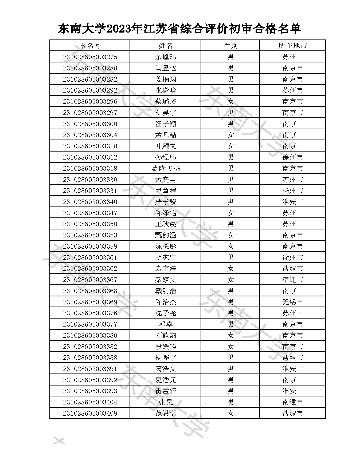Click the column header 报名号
click(x=90, y=46)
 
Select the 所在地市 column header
click(x=292, y=46)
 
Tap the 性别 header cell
click(x=230, y=46)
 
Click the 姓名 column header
click(x=166, y=46)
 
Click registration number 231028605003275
click(x=90, y=57)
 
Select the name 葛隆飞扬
click(x=166, y=168)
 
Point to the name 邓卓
click(x=166, y=324)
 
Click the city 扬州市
click(x=292, y=190)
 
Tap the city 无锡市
click(x=292, y=302)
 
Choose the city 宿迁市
click(x=292, y=280)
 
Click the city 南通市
click(x=292, y=402)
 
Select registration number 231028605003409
click(x=90, y=413)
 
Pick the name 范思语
click(x=166, y=413)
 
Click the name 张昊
click(x=166, y=402)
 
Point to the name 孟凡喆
click(x=166, y=135)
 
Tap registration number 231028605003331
click(x=90, y=190)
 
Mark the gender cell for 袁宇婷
click(x=230, y=268)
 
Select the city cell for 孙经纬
click(x=292, y=157)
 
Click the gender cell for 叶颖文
click(x=230, y=146)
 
